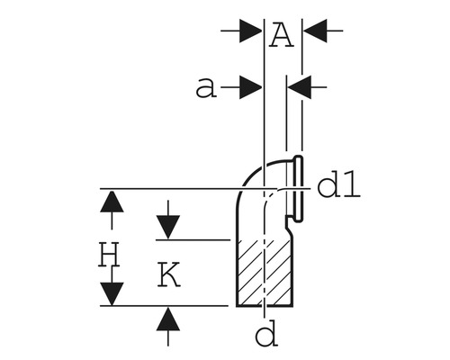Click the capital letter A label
(282, 35)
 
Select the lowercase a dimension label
(206, 87)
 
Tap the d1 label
(339, 186)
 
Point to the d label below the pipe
(265, 335)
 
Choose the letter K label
(168, 274)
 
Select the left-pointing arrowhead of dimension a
(299, 87)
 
